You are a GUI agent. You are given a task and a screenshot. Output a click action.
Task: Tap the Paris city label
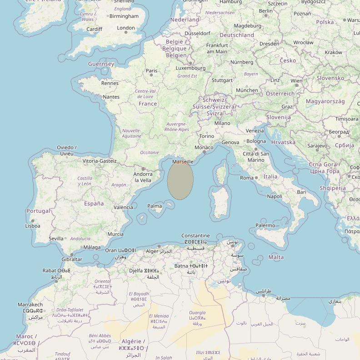tap(151, 70)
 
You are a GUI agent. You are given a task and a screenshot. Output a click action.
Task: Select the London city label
tap(126, 28)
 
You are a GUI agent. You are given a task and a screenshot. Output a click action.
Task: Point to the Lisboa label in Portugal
tap(33, 226)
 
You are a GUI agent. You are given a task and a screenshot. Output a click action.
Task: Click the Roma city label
tap(247, 178)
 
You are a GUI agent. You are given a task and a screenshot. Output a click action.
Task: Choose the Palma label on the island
tap(155, 206)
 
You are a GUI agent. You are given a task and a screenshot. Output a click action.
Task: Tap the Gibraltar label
tap(72, 260)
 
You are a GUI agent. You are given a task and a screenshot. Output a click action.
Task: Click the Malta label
tap(276, 257)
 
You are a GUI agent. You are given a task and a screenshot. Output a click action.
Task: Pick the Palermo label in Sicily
tap(265, 225)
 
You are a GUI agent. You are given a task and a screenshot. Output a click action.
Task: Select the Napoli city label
tap(275, 196)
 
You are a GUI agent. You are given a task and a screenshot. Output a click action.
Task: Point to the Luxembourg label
tap(190, 68)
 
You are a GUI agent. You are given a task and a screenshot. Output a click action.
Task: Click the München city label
tap(247, 90)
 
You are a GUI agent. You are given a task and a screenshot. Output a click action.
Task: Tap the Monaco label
tap(204, 147)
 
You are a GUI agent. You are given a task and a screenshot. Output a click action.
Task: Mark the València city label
tap(123, 207)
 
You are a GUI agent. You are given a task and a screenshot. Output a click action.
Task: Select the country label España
tap(94, 204)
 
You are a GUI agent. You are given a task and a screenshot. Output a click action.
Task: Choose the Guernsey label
tap(101, 64)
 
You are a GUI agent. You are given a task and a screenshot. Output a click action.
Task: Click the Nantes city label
tap(111, 97)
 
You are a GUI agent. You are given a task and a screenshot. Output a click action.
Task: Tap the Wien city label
tap(296, 81)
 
